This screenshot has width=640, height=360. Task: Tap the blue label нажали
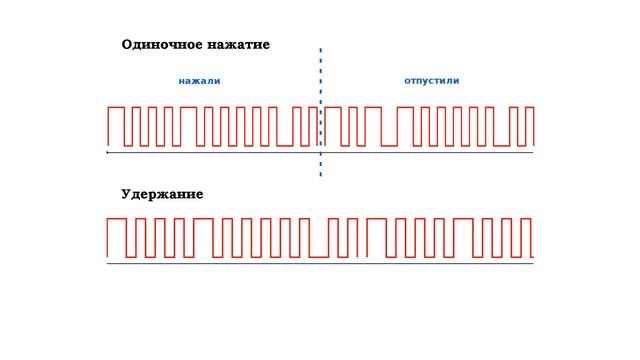(x=199, y=80)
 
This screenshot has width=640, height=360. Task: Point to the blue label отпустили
(x=432, y=80)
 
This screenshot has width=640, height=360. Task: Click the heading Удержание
(x=162, y=194)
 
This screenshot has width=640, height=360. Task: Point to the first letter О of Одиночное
(x=127, y=45)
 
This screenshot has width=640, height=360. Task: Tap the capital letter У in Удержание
(x=126, y=194)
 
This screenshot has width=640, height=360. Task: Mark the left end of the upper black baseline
(x=107, y=153)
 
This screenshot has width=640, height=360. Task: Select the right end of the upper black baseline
(x=533, y=153)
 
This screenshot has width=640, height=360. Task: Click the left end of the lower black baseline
(x=107, y=263)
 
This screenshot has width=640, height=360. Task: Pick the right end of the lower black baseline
(x=533, y=263)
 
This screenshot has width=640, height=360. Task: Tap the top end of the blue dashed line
(x=321, y=48)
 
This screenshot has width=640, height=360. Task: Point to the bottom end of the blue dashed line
(x=321, y=176)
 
